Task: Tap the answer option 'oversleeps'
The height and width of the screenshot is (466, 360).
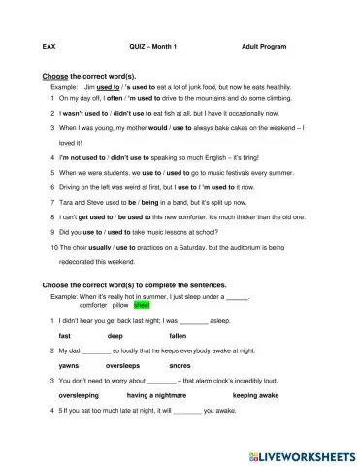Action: click(x=122, y=366)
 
